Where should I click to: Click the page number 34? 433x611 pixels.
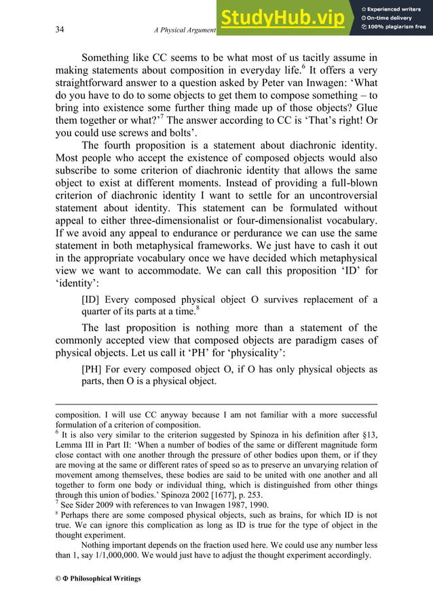point(60,30)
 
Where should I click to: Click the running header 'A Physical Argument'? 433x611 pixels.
point(185,30)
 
